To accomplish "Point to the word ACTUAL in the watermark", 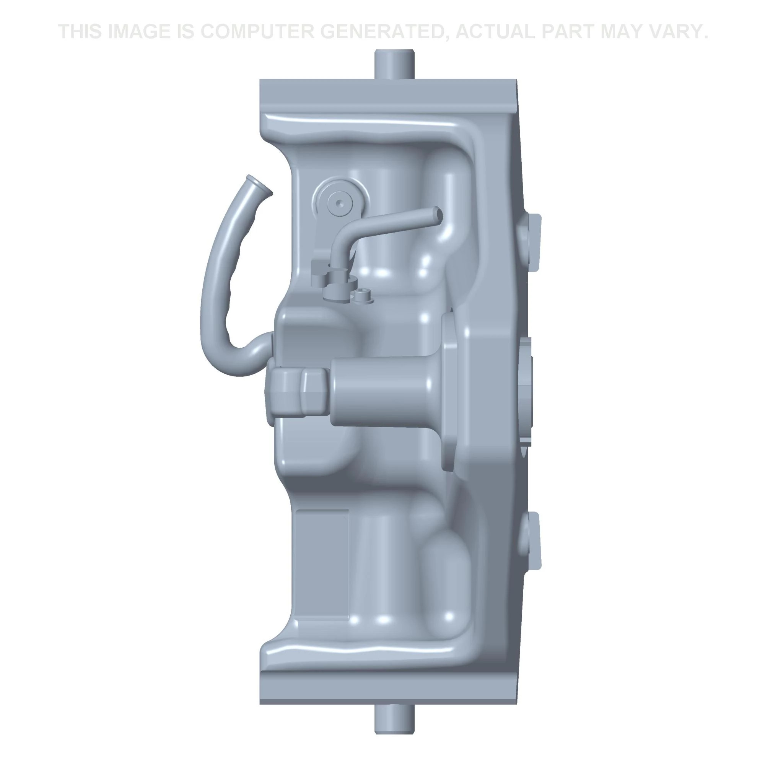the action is (496, 32).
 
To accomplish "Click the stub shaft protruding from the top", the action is (394, 65).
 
